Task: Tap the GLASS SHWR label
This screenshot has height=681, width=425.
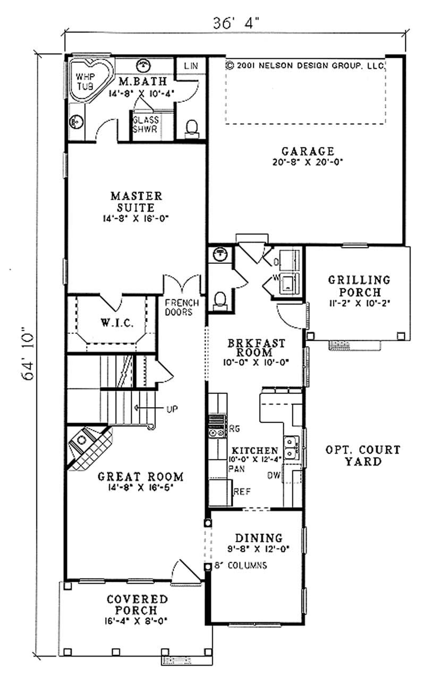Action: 144,125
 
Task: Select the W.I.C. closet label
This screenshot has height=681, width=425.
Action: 112,322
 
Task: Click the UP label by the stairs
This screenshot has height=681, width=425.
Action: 172,409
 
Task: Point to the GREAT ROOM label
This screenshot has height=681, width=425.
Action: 140,476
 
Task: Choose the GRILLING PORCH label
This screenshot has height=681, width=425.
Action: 359,285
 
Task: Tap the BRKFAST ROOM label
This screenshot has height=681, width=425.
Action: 256,347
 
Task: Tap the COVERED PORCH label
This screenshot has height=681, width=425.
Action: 137,605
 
